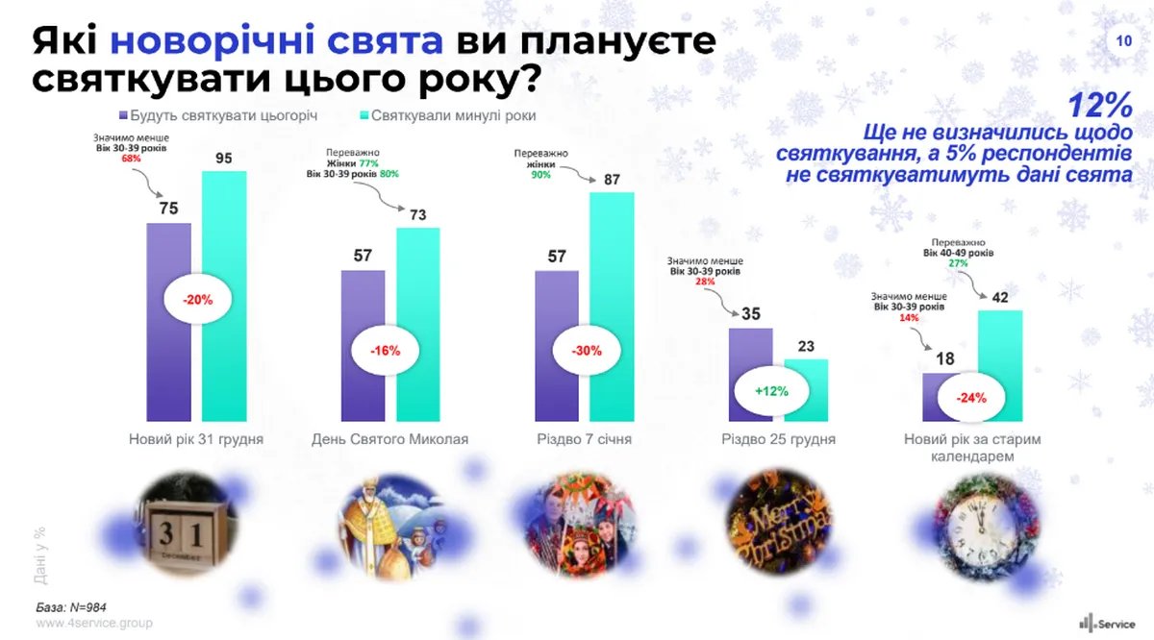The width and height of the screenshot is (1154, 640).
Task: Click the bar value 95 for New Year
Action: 223,159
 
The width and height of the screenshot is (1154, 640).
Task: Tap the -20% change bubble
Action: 196,299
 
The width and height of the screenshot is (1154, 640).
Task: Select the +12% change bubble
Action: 772,391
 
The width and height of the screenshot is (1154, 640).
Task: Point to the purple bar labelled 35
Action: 751,374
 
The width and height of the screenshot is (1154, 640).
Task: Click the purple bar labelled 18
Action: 944,396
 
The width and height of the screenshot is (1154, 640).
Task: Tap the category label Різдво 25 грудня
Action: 778,440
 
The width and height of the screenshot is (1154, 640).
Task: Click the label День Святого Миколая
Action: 390,440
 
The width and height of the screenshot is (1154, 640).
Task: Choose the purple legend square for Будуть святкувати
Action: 126,115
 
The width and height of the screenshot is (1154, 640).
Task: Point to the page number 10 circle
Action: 1124,41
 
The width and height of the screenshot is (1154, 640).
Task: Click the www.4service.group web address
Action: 94,623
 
